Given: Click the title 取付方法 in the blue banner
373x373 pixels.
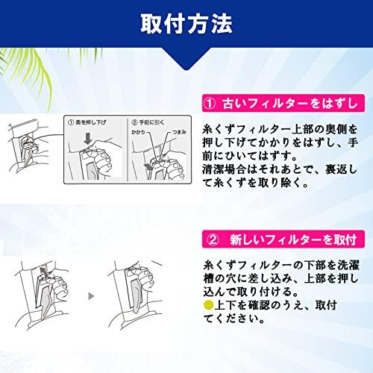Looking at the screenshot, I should coord(186,23).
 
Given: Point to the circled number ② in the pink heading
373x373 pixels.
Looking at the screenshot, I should coord(211,240).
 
